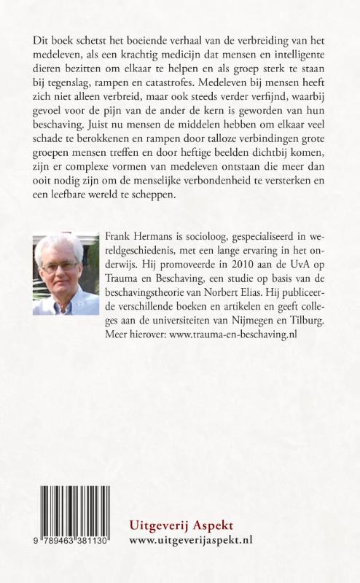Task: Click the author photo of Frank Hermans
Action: tap(66, 274)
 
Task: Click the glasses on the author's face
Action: tap(60, 267)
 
